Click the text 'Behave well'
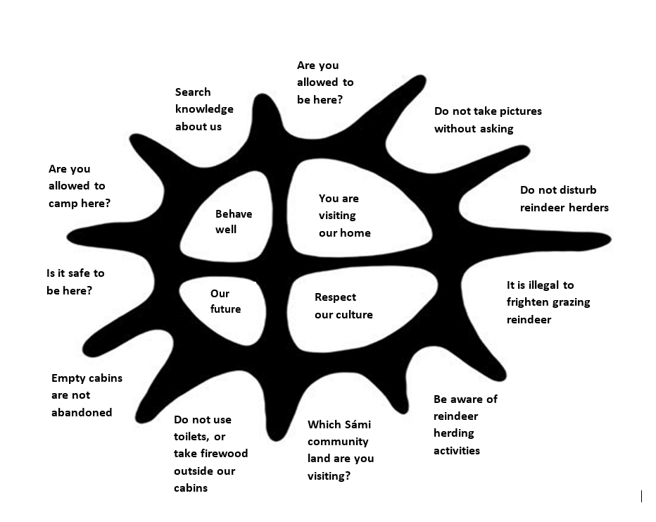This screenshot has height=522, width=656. point(233,221)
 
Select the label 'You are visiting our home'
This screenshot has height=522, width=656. point(344,216)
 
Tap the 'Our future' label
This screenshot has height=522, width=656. point(225,301)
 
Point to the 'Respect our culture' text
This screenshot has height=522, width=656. point(343,306)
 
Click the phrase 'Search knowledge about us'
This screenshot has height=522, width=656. point(203,109)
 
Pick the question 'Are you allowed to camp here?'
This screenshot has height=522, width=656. point(79,186)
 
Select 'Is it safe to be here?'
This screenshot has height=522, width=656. point(75,281)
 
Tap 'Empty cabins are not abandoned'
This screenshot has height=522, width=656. point(86,395)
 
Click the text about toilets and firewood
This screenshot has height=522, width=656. point(210,454)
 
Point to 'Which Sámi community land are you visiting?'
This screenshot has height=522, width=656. point(340,450)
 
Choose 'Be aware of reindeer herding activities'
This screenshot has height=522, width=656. point(465,425)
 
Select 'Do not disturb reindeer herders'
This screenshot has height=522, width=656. point(564,199)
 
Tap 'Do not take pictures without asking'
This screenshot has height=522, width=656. point(487,120)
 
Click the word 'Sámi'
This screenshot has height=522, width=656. point(355,425)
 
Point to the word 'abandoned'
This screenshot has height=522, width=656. point(82,413)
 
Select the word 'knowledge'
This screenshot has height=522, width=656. point(204,109)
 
